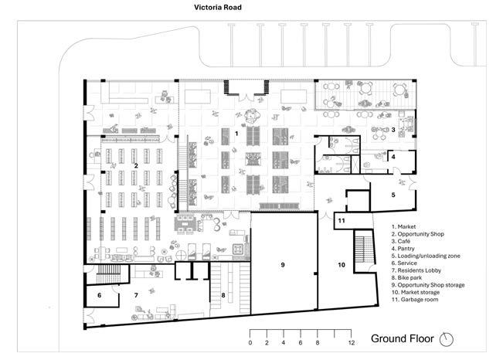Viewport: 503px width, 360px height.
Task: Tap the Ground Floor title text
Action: click(402, 338)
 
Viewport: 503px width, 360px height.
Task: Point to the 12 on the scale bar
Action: click(351, 342)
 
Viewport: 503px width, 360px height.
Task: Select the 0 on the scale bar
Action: click(250, 342)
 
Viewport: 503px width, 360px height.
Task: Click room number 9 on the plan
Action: click(283, 265)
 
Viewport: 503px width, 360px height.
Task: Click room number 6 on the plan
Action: click(99, 295)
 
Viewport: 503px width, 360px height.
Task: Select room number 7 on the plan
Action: click(136, 294)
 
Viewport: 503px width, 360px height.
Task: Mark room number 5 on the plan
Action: click(393, 195)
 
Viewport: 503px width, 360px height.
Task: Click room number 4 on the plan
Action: click(393, 158)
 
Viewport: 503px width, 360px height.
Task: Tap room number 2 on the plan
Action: click(136, 165)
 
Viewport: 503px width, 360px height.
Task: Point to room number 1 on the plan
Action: click(236, 133)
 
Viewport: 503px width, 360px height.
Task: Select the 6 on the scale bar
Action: click(301, 342)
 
